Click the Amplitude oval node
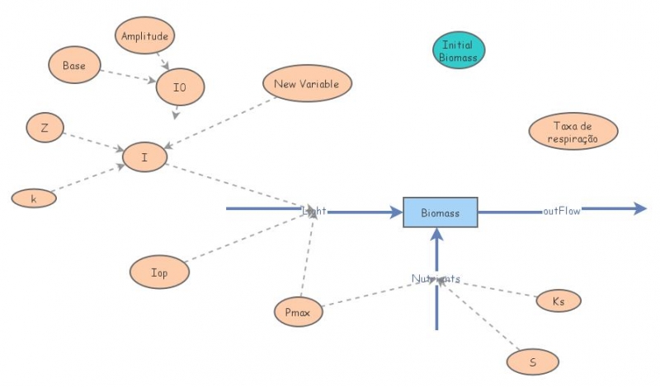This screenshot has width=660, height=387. [x=144, y=37]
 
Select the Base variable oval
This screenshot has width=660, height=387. [x=74, y=64]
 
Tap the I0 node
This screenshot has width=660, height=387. [x=179, y=86]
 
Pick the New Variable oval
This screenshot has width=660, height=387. [x=308, y=84]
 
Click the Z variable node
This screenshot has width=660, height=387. [x=43, y=128]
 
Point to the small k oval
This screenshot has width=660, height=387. [x=34, y=198]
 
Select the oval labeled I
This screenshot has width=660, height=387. [x=144, y=156]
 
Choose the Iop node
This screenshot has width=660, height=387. [x=160, y=273]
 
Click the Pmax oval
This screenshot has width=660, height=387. [x=298, y=312]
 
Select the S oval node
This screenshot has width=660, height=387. [x=533, y=361]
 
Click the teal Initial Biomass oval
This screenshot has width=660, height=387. [x=458, y=51]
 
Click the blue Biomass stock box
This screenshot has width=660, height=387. [x=440, y=212]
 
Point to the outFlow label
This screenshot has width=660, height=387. [x=561, y=211]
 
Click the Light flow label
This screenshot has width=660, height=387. [x=314, y=211]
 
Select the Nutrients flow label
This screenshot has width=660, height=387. [x=436, y=279]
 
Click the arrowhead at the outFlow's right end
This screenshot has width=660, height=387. [x=639, y=209]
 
